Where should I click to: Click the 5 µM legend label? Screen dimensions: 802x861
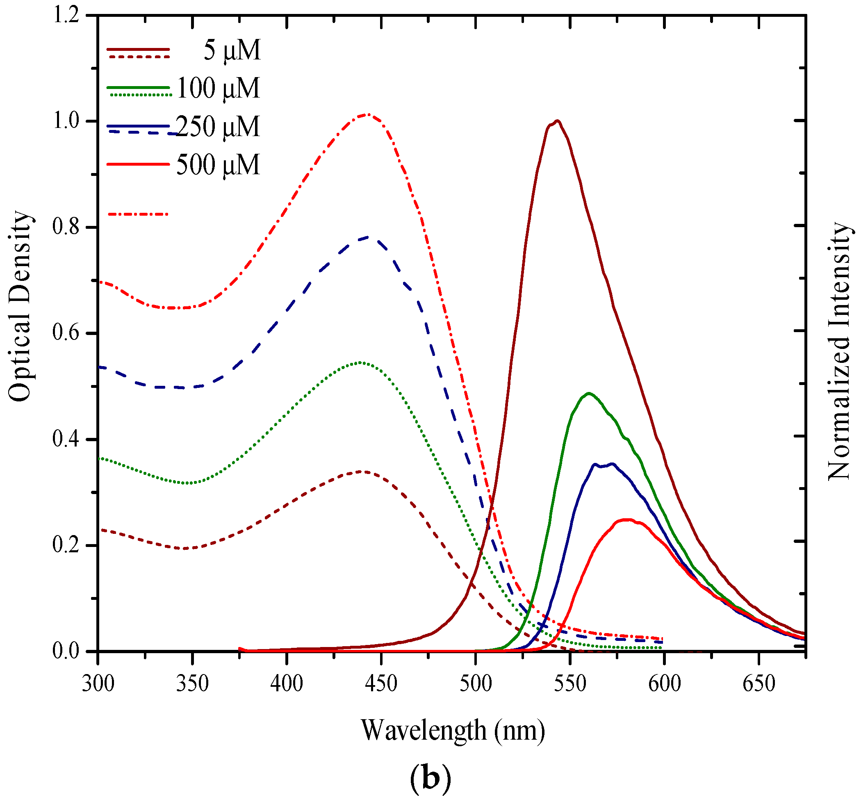click(232, 51)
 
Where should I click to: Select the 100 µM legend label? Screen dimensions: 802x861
click(218, 88)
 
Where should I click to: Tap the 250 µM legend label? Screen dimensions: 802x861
click(218, 127)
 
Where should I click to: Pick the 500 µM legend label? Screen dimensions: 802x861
click(218, 165)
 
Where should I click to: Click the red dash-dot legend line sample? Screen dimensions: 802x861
click(138, 214)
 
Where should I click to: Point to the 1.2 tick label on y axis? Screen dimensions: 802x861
click(66, 16)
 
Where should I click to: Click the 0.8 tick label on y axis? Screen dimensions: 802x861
click(66, 227)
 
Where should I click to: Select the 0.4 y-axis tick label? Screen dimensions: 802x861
click(66, 439)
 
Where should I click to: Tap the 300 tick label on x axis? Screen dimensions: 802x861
click(98, 684)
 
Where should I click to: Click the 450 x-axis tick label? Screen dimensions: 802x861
click(381, 684)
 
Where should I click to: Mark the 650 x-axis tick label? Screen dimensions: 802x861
click(758, 684)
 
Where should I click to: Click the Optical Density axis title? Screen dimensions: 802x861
click(20, 306)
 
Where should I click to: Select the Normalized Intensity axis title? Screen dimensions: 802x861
click(839, 351)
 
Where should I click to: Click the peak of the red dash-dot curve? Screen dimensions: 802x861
click(367, 114)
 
